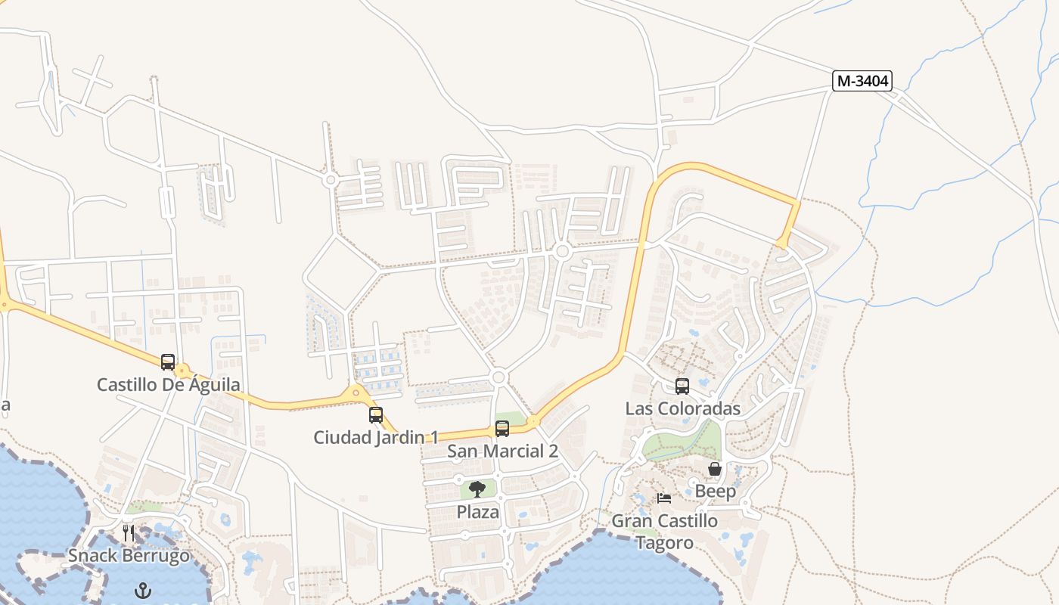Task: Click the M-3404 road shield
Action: (862, 81)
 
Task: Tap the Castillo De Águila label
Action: (168, 385)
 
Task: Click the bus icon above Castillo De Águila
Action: (168, 362)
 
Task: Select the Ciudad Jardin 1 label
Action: (376, 437)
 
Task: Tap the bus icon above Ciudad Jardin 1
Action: (376, 414)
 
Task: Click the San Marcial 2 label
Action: (502, 451)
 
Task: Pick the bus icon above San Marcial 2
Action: (502, 429)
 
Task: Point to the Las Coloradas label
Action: (682, 409)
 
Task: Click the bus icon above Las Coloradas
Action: (682, 386)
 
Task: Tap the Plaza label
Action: (477, 512)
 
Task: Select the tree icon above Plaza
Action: (477, 489)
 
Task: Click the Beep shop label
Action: (715, 492)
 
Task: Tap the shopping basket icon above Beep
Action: (715, 470)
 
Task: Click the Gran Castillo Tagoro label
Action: (664, 532)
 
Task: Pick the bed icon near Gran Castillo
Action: (664, 498)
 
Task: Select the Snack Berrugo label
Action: (129, 556)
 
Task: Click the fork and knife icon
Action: (129, 533)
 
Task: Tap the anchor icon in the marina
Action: (143, 589)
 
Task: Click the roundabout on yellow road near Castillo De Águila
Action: (182, 371)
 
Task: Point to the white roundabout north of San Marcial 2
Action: (498, 377)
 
